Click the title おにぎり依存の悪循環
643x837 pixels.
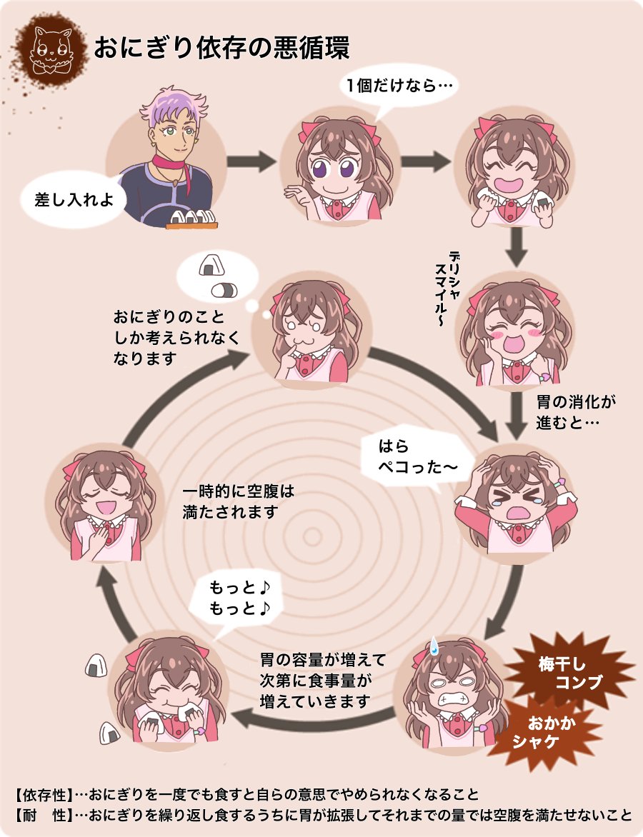[221, 49]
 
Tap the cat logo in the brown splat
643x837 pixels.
[50, 50]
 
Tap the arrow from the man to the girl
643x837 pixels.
[251, 162]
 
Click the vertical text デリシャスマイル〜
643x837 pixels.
[447, 290]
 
